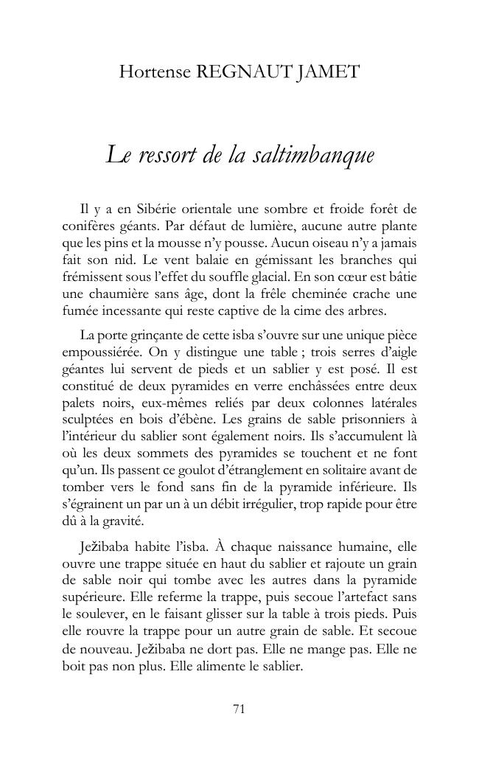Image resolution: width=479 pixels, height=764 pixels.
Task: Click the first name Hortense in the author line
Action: [x=153, y=72]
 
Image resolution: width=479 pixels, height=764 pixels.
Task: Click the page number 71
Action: [x=239, y=709]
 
